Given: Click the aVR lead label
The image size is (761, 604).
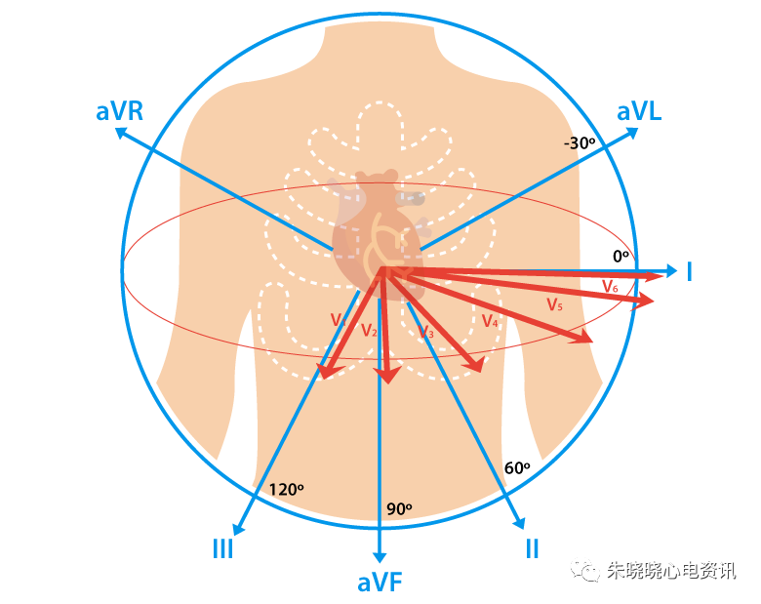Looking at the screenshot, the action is coord(119,111).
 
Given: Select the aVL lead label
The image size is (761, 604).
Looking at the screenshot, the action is coord(639,111).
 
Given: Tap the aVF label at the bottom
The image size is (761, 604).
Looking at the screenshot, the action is coord(380,583).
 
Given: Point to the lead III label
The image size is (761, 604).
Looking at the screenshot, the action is coord(222,549).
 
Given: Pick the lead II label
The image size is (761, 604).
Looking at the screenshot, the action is coord(532,549).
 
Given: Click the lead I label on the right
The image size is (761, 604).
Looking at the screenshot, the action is coord(689,271).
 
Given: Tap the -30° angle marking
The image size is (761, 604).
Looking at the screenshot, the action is coord(579,143).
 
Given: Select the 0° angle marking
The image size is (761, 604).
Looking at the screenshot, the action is coord(621,256).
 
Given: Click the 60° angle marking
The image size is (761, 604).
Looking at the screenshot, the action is coord(517,467).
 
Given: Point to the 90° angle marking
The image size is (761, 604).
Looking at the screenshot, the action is coord(399,508).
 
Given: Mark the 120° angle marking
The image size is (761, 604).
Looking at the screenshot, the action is coord(286,489).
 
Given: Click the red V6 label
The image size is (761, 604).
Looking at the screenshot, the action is coord(610,286).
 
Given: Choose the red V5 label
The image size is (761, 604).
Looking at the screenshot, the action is coord(554,304).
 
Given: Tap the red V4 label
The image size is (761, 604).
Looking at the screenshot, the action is coord(490,321).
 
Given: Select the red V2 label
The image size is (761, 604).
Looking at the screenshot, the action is coord(369,331).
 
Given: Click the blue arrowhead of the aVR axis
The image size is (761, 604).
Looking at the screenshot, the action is coord(120,132).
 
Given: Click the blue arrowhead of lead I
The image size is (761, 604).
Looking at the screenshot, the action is coord(671,271).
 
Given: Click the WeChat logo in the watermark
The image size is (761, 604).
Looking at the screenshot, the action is coord(585,571).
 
